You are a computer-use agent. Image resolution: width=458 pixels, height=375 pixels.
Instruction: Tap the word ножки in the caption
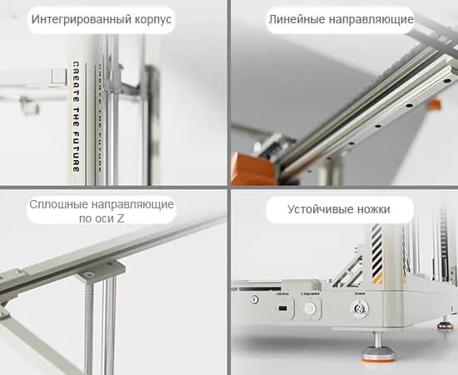371,209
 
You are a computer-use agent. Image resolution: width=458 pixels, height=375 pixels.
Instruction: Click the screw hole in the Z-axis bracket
87,275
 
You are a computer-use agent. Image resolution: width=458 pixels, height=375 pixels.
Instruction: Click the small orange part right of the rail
434,105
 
